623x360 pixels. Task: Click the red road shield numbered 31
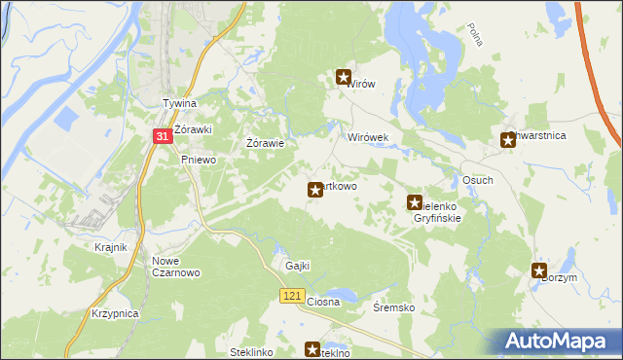(164, 140)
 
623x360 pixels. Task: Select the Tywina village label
(179, 104)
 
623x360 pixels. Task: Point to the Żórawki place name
(195, 129)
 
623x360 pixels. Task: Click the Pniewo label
(198, 160)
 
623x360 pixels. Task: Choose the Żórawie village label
(265, 144)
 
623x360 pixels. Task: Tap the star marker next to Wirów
(343, 76)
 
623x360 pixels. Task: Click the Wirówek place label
(368, 138)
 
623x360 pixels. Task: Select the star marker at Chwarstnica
(507, 140)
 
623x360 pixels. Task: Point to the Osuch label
(477, 181)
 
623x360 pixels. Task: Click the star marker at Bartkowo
(314, 190)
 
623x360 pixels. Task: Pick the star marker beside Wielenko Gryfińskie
(414, 202)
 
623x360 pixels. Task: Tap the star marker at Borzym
(539, 270)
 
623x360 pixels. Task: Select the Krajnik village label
(111, 247)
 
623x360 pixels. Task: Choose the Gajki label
(297, 267)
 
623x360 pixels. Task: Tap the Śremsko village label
(394, 307)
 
